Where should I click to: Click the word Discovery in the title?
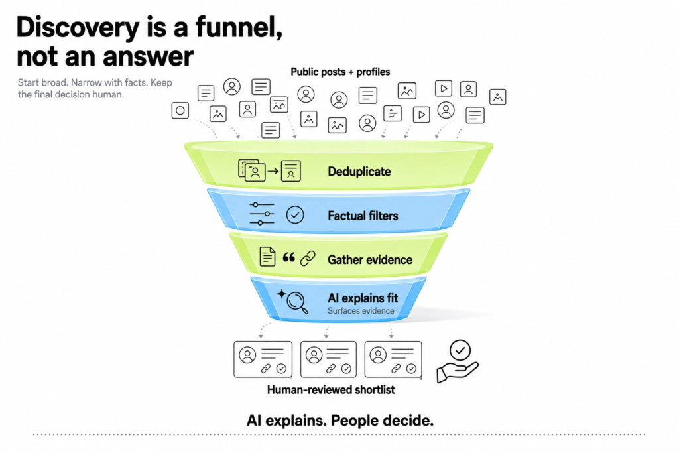coord(78,28)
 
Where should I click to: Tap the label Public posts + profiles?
coord(340,72)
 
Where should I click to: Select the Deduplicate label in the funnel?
coord(359,172)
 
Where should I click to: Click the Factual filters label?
coord(363,216)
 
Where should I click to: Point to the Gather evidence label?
coord(370,260)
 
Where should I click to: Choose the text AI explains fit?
coord(363,298)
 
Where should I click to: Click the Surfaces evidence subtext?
coord(361,311)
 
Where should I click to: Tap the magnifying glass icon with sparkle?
coord(293,301)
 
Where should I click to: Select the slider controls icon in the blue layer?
coord(261,214)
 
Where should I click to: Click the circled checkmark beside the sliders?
coord(295,215)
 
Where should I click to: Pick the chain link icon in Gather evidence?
coord(308,259)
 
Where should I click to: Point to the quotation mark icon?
coord(289,258)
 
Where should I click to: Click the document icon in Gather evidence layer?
coord(267,257)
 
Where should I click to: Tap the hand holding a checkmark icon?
coord(458,361)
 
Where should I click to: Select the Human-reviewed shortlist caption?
coord(331,390)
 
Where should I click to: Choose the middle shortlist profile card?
coord(328,359)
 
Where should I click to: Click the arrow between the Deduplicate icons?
coord(273,171)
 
